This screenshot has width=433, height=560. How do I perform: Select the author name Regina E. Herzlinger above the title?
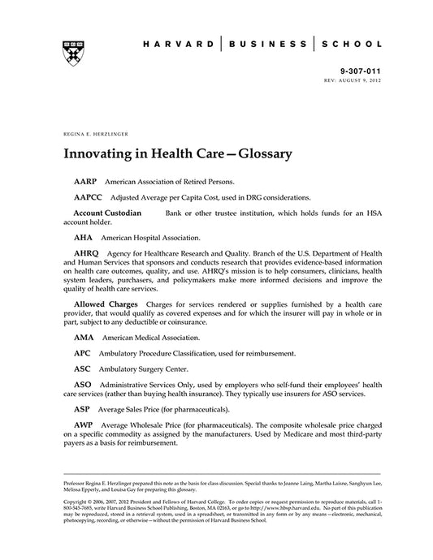[x=89, y=130]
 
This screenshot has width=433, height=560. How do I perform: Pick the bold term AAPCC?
[x=89, y=197]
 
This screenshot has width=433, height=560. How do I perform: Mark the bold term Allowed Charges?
[x=106, y=303]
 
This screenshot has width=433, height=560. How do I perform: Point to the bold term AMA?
[x=84, y=337]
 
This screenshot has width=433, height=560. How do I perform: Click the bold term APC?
[x=82, y=353]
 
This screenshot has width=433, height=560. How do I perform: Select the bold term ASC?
[x=82, y=369]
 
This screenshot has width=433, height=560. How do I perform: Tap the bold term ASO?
[x=83, y=385]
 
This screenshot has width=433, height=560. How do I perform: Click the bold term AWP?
[x=84, y=425]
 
